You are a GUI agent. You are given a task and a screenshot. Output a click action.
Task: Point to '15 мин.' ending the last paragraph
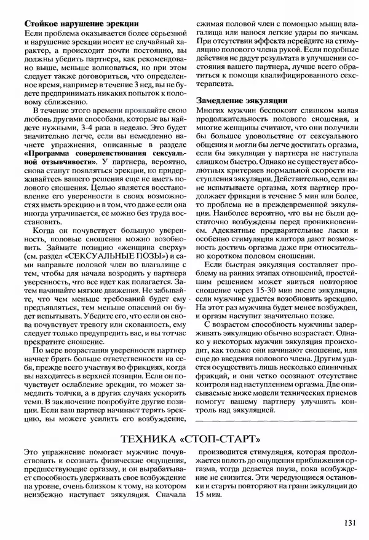point(208,493)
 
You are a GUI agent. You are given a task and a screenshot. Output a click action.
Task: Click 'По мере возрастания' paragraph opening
point(65,349)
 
